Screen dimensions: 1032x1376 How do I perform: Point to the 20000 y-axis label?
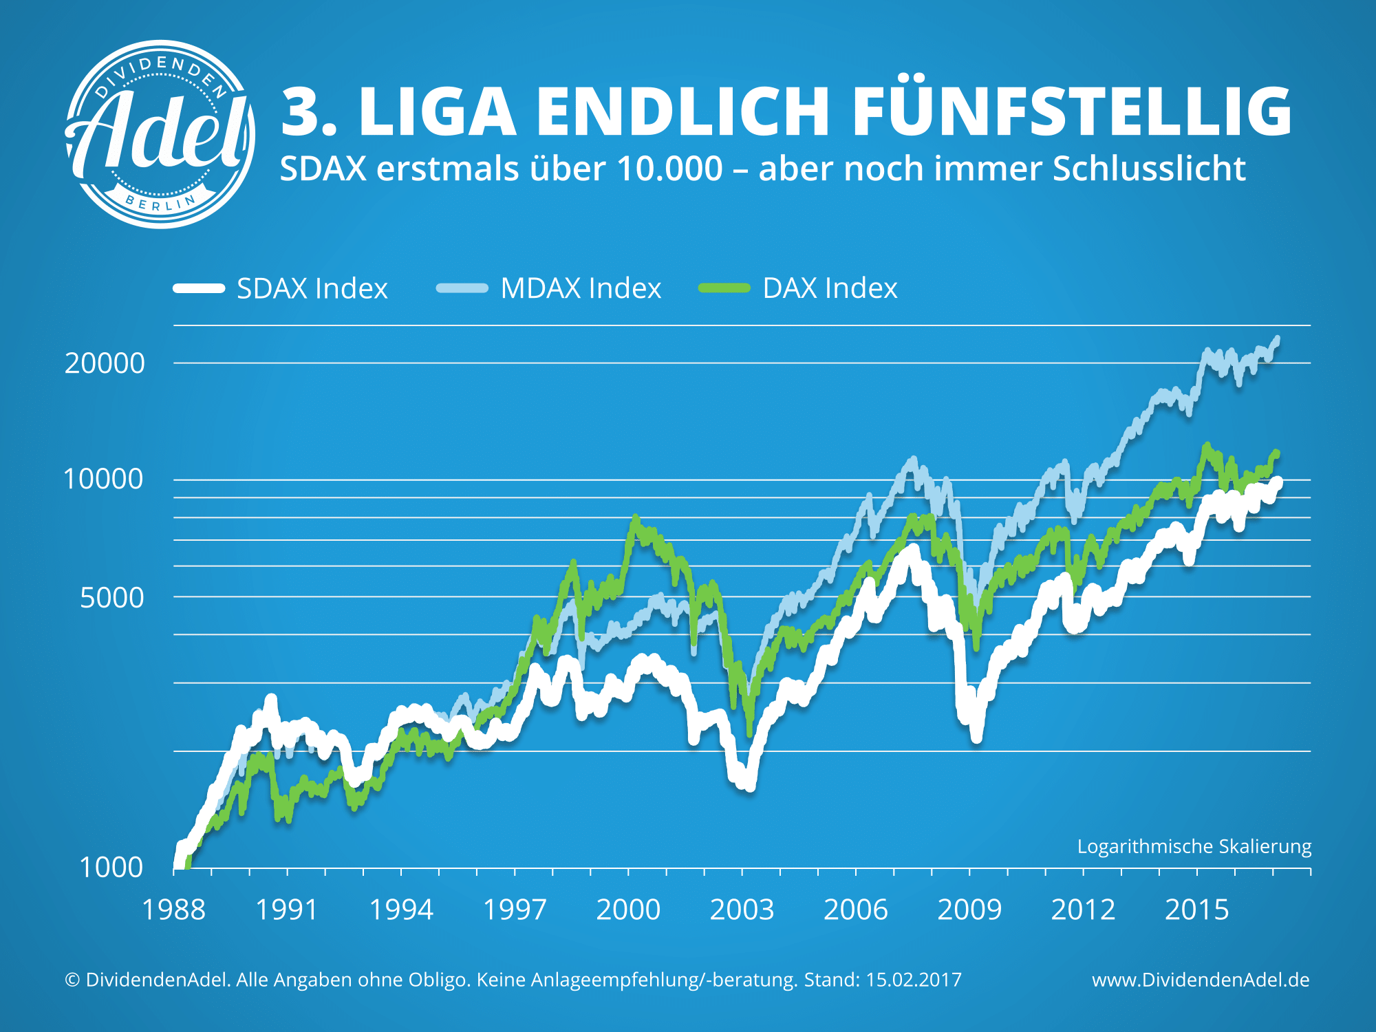[105, 363]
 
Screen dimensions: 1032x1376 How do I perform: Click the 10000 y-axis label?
[103, 479]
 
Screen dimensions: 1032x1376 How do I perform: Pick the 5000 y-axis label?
[112, 597]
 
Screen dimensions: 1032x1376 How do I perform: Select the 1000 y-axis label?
[111, 867]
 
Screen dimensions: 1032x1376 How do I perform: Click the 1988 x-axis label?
[173, 910]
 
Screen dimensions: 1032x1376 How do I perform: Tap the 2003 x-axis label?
[742, 910]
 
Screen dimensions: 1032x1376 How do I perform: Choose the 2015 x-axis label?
[1196, 910]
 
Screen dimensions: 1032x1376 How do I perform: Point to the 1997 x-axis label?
[515, 910]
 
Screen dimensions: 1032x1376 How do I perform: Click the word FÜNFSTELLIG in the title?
[1071, 112]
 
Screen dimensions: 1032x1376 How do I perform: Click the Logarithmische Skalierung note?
[1194, 846]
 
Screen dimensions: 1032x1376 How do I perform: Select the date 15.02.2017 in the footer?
[913, 980]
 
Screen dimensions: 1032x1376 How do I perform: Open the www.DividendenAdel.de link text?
[1201, 980]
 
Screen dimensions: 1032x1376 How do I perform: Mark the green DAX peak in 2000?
[635, 517]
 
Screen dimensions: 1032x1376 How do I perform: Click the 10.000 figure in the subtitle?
[670, 169]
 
